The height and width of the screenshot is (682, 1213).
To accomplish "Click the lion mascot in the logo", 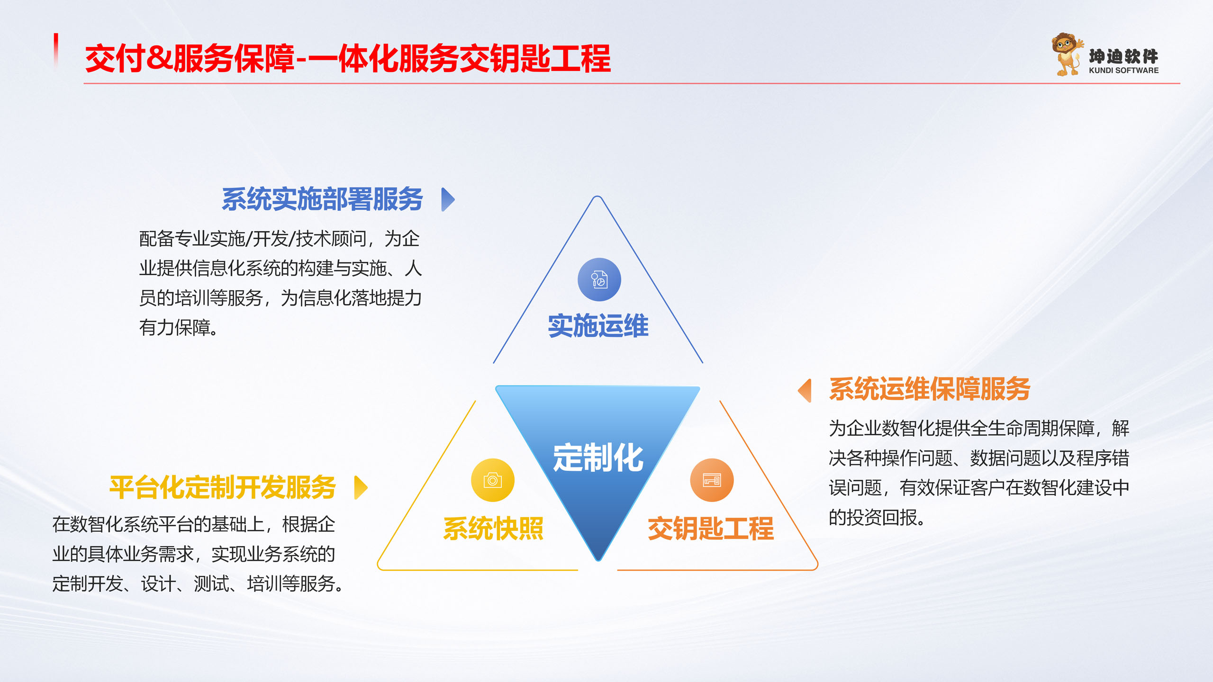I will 1066,54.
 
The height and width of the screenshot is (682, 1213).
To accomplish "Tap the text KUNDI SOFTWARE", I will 1123,71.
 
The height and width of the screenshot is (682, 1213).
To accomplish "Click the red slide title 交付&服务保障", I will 190,59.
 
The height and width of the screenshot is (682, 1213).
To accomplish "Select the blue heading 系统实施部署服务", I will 322,199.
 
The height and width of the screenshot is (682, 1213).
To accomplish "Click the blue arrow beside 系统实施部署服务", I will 447,199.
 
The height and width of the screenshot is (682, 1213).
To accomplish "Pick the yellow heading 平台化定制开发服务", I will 223,487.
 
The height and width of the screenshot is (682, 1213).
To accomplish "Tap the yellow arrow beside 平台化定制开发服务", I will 361,487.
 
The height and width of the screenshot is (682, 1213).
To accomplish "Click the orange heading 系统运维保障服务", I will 930,389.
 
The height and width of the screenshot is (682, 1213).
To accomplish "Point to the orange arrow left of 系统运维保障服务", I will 805,391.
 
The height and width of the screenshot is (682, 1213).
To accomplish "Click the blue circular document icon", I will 599,279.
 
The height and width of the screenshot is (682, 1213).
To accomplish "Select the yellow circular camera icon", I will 492,480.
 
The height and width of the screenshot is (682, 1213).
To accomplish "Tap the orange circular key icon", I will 712,480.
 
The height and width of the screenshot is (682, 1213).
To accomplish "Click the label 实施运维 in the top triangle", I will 598,326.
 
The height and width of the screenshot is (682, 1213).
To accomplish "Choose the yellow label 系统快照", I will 493,529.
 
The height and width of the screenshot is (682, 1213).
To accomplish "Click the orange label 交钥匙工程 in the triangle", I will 710,529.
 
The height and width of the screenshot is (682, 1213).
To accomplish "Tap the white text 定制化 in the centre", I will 598,458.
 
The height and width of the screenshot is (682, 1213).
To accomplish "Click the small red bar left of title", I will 56,50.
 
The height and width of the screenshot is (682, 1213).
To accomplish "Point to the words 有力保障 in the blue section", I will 175,328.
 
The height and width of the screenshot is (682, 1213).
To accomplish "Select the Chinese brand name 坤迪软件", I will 1123,56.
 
